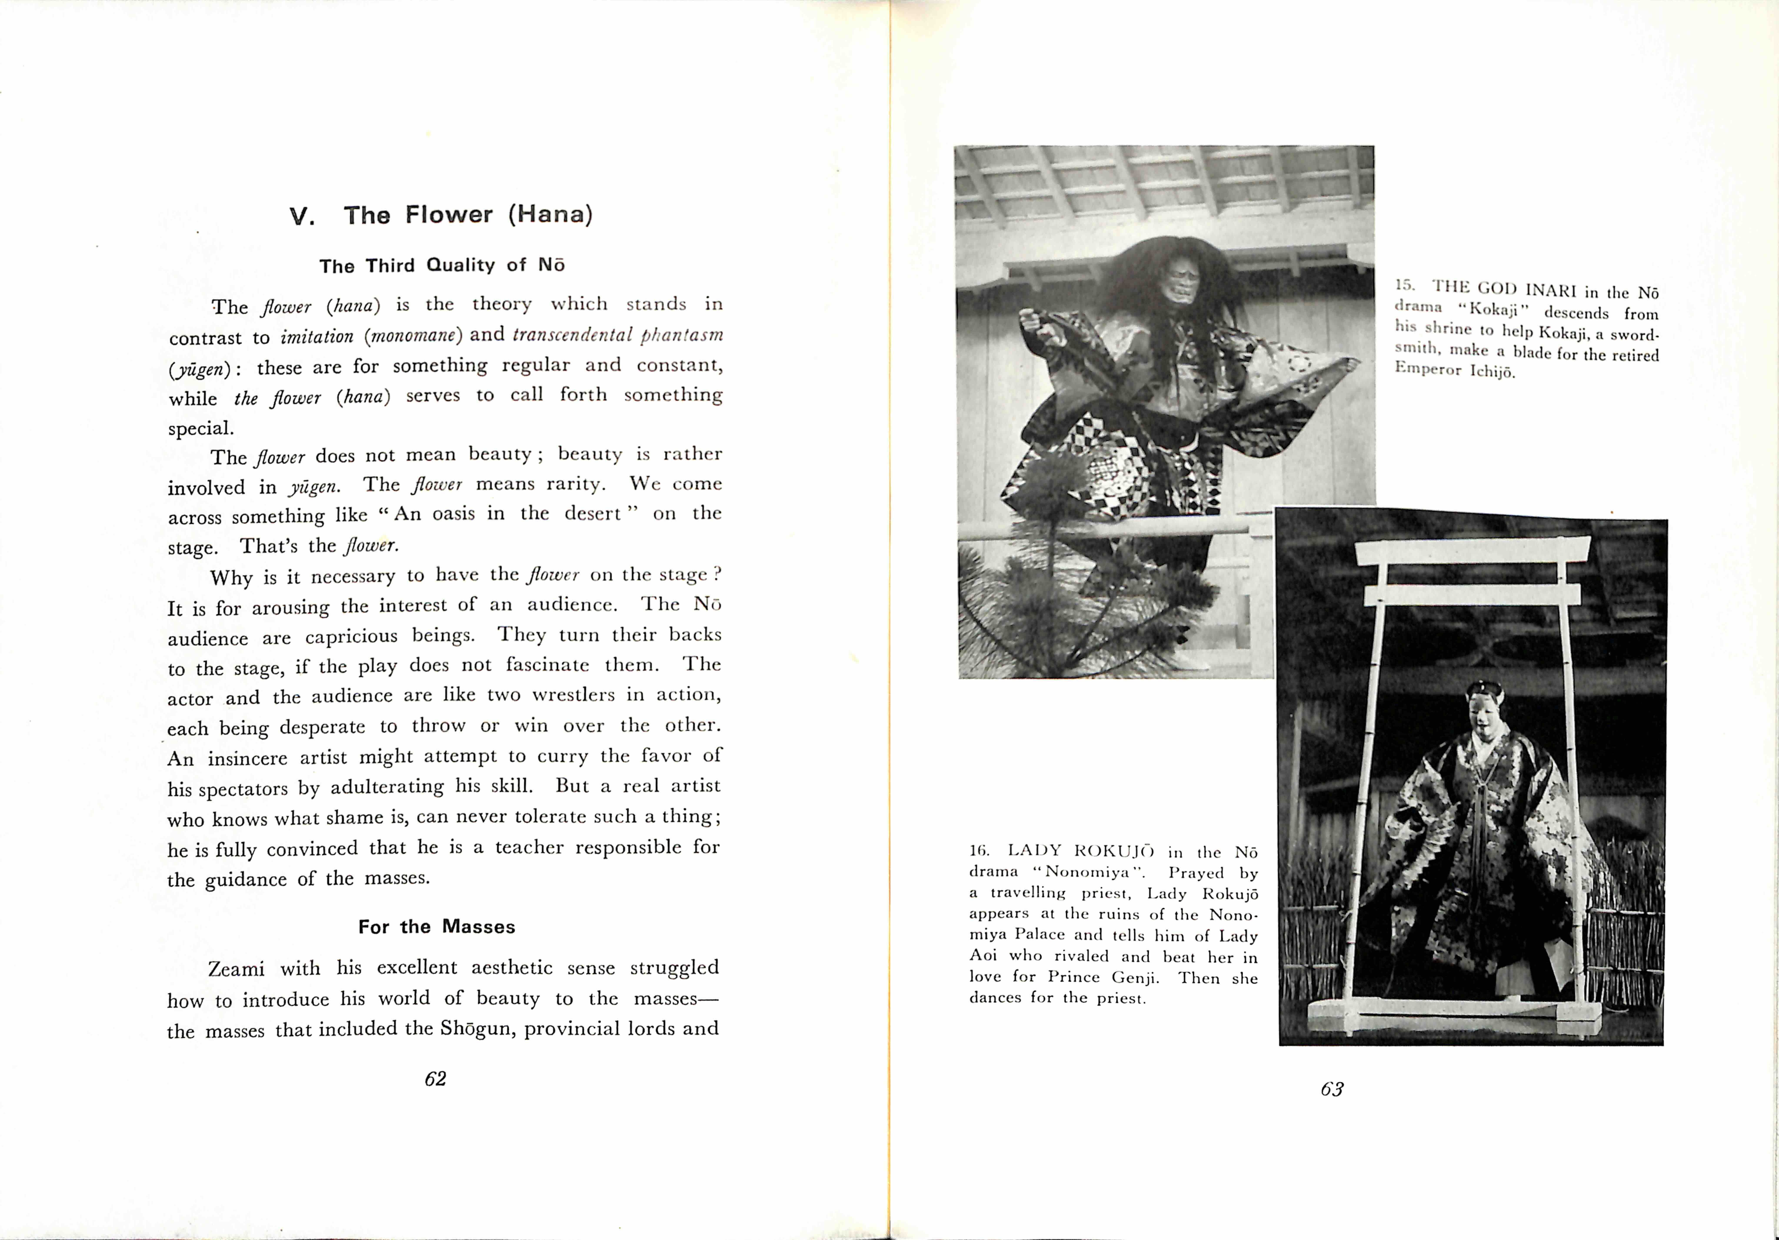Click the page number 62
tap(435, 1079)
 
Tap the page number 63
tap(1332, 1089)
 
